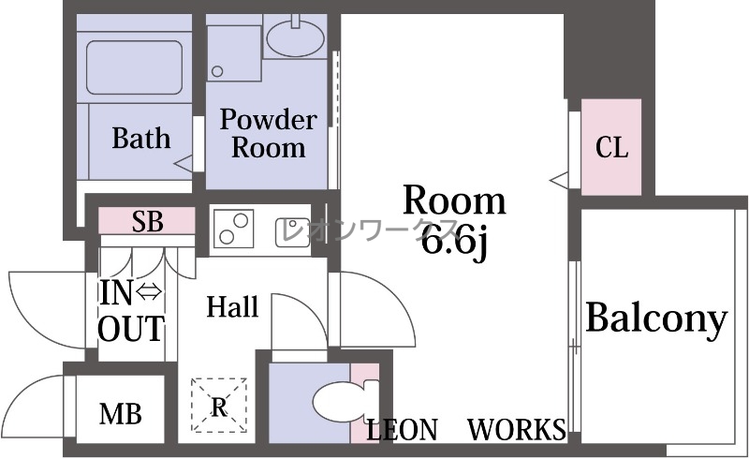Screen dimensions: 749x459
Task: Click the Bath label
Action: click(x=141, y=139)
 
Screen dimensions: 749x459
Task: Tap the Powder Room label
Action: click(x=269, y=133)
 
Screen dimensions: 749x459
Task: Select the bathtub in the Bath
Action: click(x=134, y=67)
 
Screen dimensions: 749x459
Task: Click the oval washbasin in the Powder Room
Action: click(x=295, y=37)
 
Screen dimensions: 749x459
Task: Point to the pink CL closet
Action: click(x=611, y=147)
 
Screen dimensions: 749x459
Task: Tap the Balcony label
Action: click(x=657, y=318)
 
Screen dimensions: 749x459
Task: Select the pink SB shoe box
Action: click(x=147, y=221)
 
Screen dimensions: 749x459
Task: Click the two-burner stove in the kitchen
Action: click(x=233, y=229)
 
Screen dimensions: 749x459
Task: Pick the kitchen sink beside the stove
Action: click(x=292, y=232)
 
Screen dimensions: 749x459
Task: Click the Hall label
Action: click(x=232, y=307)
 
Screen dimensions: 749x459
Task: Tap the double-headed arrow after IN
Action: click(x=150, y=291)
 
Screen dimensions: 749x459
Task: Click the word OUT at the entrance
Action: click(x=131, y=329)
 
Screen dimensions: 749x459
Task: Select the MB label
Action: click(x=121, y=414)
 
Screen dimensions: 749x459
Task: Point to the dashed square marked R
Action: click(x=219, y=405)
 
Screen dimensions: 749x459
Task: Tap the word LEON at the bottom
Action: click(x=402, y=430)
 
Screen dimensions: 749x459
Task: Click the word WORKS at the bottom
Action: click(x=517, y=429)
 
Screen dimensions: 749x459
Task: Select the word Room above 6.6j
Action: click(x=454, y=200)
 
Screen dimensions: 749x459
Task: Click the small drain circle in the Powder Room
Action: click(x=217, y=72)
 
